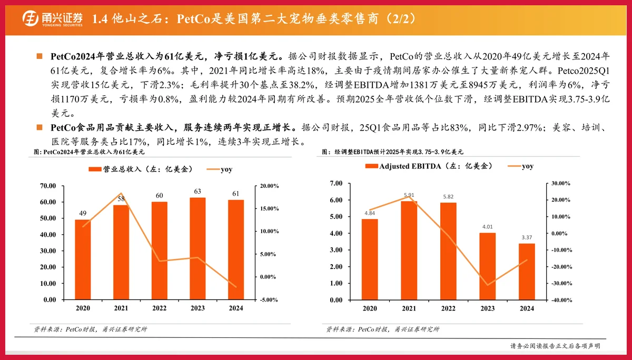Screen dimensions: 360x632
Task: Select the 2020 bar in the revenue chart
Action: coord(83,259)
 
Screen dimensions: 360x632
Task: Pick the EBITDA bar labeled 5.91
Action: coord(409,251)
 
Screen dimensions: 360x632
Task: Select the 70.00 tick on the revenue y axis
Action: coord(48,186)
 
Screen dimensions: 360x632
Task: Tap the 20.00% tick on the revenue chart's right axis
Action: coord(269,186)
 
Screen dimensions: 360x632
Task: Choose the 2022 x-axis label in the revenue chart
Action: coord(159,308)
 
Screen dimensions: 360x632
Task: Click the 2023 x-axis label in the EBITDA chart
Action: coord(487,308)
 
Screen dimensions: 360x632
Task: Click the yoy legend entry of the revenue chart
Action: coord(219,169)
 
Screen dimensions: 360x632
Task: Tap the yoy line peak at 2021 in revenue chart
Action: coord(121,194)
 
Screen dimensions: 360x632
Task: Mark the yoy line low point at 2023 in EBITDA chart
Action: coord(487,285)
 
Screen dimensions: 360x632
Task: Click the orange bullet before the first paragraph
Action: coord(39,56)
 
